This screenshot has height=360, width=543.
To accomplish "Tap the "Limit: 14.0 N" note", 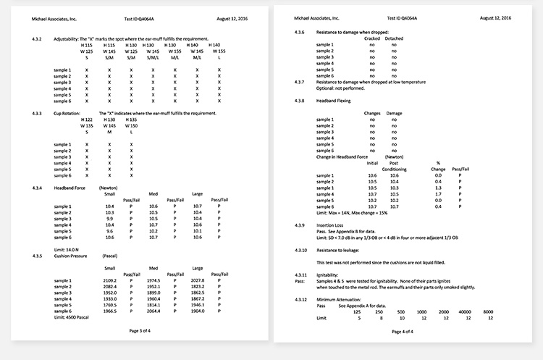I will coord(70,249).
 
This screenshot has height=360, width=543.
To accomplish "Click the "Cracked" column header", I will coord(372,38).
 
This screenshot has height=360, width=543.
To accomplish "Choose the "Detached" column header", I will coord(395,38).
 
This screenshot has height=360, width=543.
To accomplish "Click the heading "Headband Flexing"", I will coord(334,101).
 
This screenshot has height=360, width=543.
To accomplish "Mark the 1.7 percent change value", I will coord(437,194).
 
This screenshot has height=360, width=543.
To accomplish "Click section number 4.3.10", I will coord(303,248).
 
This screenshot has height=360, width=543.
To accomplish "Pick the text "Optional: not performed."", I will coord(341,88).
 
